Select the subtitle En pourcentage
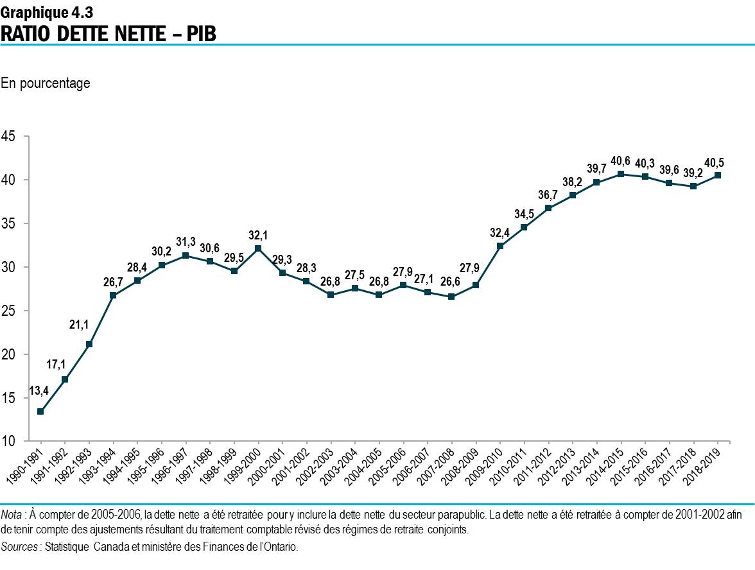[46, 83]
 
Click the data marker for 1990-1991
[40, 411]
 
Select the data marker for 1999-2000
[258, 248]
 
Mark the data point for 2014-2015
[621, 174]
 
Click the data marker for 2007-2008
[451, 297]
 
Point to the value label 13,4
[39, 390]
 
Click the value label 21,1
[79, 325]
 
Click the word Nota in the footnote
[11, 514]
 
